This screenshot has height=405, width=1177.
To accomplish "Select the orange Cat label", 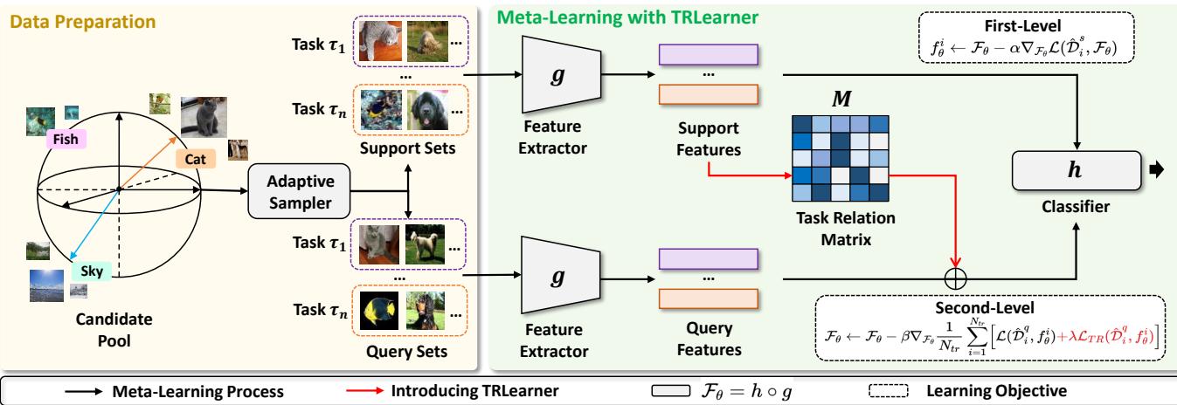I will pyautogui.click(x=194, y=159).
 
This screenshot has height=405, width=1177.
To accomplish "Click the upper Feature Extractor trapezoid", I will pyautogui.click(x=549, y=79).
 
